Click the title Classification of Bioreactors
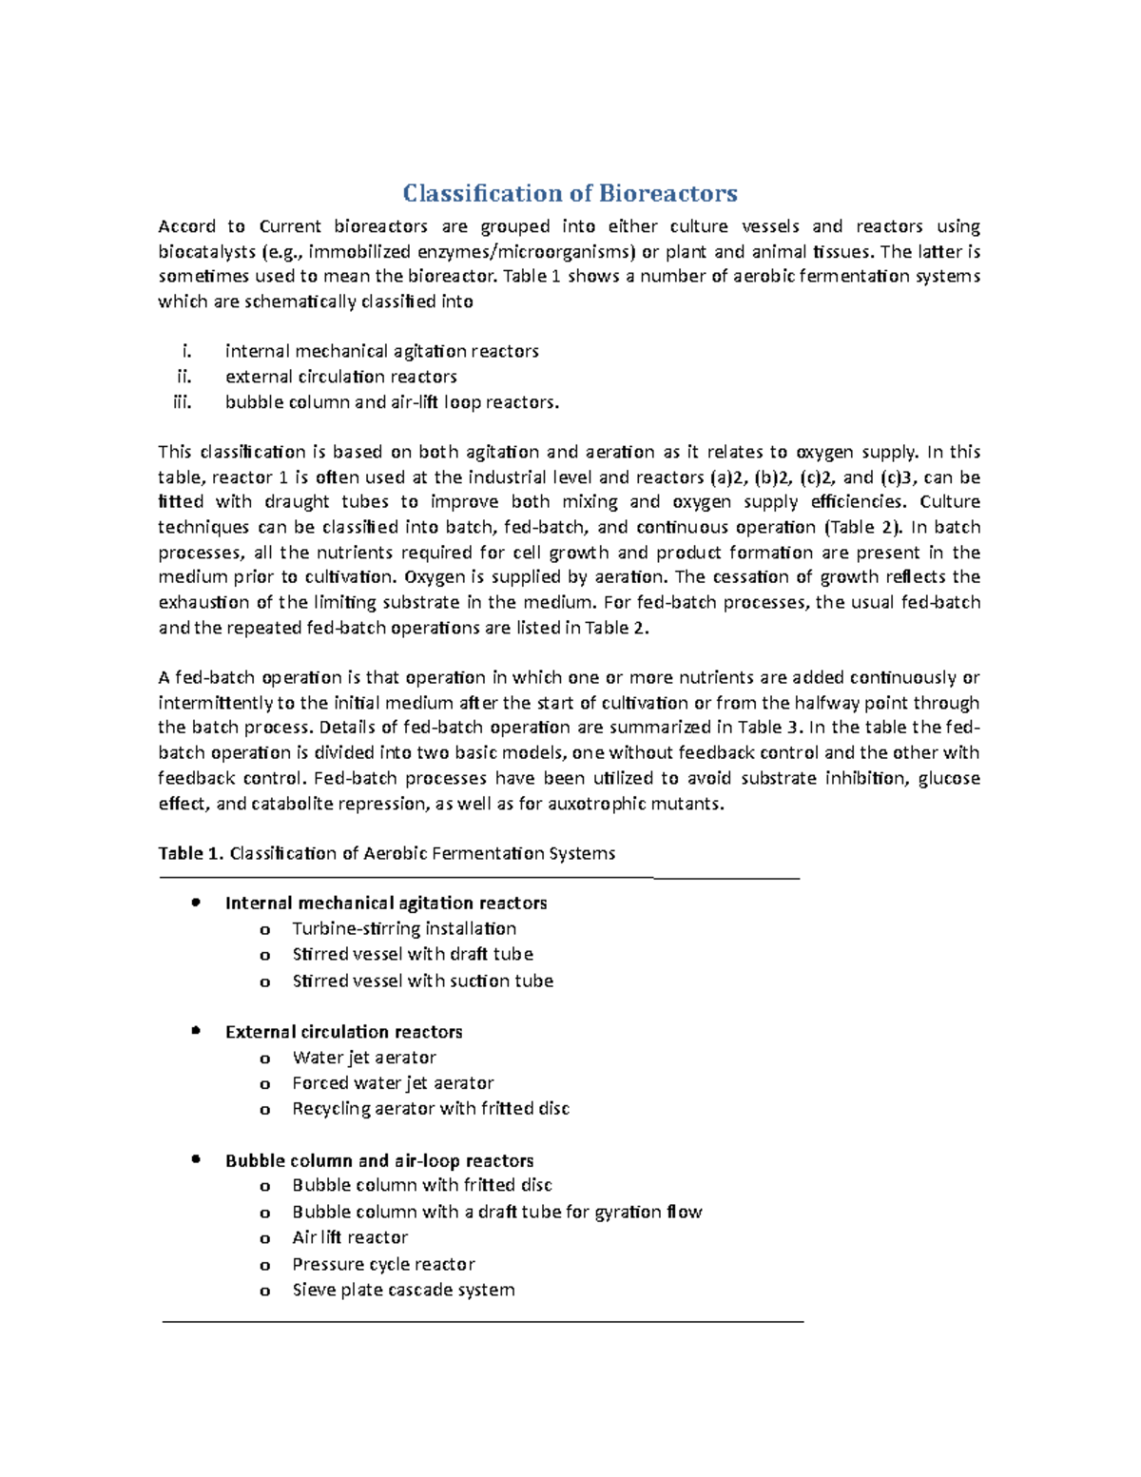(570, 193)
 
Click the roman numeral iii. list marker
(182, 401)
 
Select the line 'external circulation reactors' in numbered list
(340, 377)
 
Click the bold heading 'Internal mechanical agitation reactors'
(385, 903)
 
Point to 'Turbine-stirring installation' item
(404, 928)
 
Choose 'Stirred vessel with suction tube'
(422, 981)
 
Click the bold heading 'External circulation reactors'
(343, 1032)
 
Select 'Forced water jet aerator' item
(393, 1082)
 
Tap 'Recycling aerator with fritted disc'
(431, 1108)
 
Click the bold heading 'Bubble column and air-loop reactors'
(378, 1160)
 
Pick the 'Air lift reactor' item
(350, 1237)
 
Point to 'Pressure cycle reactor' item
(383, 1264)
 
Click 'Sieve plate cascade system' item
(403, 1290)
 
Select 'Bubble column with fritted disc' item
(422, 1185)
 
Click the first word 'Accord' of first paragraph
(186, 226)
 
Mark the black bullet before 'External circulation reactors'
(196, 1030)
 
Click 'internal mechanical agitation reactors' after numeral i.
(381, 351)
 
